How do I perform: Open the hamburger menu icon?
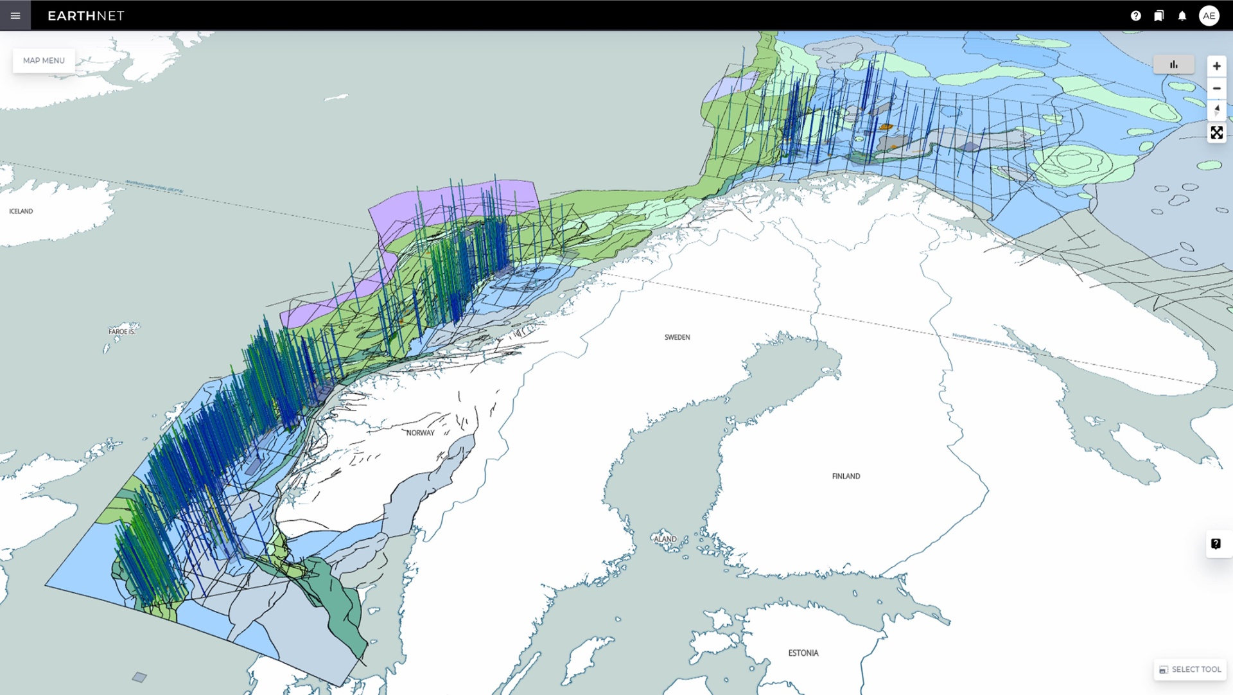click(15, 15)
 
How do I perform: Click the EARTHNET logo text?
click(86, 16)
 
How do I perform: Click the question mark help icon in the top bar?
click(1135, 16)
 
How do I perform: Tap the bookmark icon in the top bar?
click(1159, 16)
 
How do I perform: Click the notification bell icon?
click(1182, 16)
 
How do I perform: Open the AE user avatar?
click(1209, 16)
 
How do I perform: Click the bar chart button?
click(1173, 64)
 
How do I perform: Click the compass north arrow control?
click(1216, 110)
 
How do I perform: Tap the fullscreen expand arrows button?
click(1216, 133)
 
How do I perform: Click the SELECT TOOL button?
click(1190, 669)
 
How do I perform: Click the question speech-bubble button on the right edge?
click(1216, 544)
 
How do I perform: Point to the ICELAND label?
click(21, 211)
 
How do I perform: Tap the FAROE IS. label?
click(122, 331)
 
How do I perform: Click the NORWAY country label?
click(420, 433)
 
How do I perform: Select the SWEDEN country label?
click(677, 337)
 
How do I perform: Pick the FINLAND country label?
click(846, 477)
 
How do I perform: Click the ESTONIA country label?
click(803, 653)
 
